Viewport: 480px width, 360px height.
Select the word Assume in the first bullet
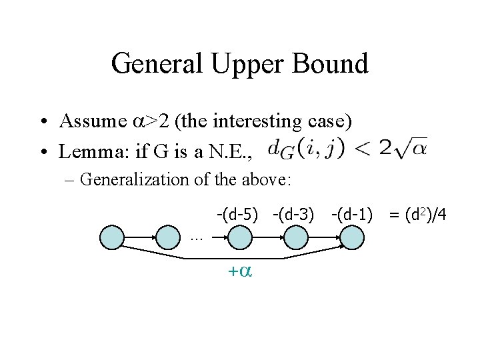point(90,121)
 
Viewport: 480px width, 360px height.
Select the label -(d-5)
point(236,215)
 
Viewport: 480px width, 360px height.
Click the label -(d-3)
point(293,215)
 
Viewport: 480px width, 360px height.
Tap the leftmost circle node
point(113,237)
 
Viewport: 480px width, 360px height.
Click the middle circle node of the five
point(239,237)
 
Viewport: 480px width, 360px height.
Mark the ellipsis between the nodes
point(196,237)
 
